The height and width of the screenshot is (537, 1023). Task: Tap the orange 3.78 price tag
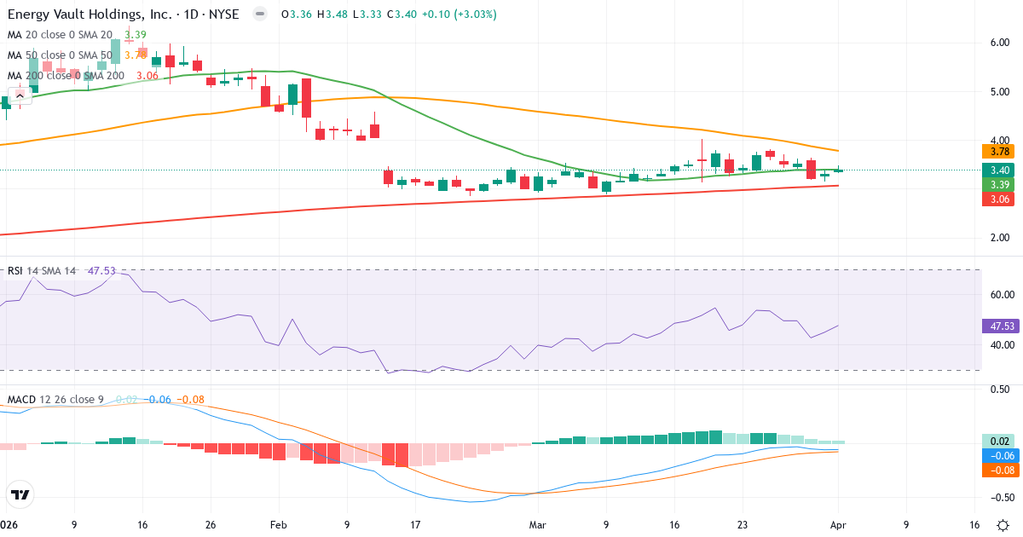997,152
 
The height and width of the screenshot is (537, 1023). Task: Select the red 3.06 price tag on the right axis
997,199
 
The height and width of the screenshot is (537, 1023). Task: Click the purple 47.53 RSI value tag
997,326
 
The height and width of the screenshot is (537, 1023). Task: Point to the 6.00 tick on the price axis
999,43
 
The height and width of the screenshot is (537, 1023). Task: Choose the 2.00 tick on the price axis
999,238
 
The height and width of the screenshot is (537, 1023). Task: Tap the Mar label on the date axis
538,525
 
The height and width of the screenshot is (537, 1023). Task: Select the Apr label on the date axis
838,525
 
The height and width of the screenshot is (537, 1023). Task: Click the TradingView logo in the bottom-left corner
20,494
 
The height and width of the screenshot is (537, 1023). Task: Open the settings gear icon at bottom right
1004,525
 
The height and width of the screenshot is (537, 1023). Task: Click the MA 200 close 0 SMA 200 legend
66,75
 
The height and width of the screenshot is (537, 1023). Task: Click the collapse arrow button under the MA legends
20,95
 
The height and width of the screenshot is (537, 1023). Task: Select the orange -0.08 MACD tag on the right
997,470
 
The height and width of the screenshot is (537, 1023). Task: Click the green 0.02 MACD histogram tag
997,442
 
